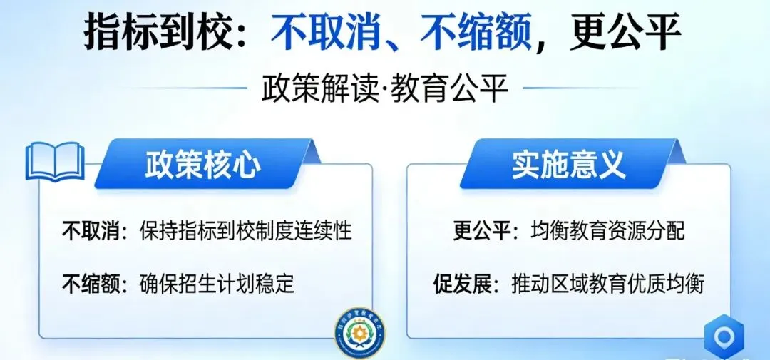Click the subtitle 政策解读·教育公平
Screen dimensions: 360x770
tap(385, 90)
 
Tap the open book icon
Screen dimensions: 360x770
tap(55, 162)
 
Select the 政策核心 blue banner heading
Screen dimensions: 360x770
tap(203, 165)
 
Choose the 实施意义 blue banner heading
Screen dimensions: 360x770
tap(568, 165)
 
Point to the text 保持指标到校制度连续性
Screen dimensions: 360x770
tap(246, 231)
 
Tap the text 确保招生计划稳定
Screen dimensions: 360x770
tap(217, 284)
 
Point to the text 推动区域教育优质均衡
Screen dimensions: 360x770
tap(607, 284)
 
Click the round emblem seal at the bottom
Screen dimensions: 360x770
tap(359, 332)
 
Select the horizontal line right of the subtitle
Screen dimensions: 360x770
tap(570, 89)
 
